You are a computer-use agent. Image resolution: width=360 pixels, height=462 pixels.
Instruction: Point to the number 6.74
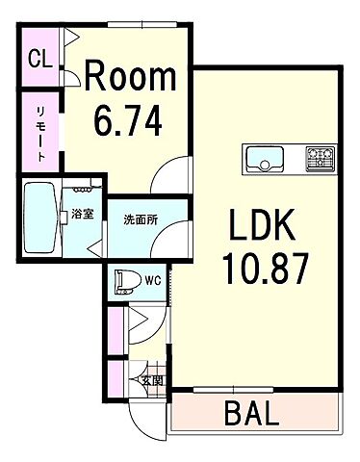click(x=127, y=122)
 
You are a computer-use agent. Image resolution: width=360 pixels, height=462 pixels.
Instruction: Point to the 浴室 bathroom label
click(x=82, y=215)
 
